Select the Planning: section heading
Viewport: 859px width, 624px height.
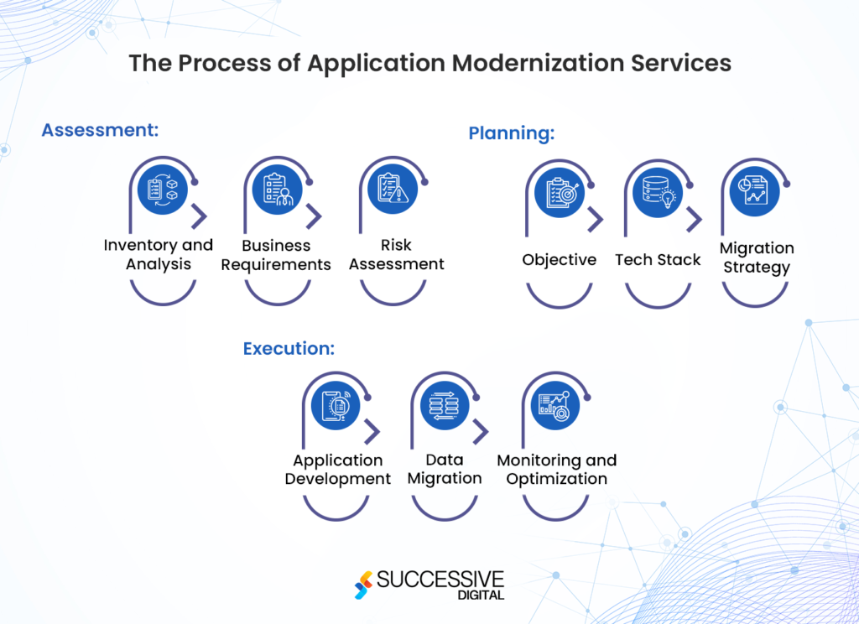tap(512, 133)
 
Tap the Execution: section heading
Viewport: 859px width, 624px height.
tap(289, 348)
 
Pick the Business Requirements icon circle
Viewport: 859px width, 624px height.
tap(277, 190)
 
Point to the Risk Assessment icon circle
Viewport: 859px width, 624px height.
tap(392, 190)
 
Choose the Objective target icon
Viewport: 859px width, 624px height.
tap(559, 192)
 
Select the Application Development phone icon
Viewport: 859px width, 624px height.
tap(336, 406)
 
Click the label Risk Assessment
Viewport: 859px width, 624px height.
tap(396, 254)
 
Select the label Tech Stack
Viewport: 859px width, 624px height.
tap(658, 260)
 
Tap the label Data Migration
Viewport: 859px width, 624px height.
tap(445, 469)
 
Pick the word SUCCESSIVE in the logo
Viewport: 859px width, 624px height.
tap(440, 580)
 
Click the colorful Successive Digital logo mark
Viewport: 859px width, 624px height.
tap(363, 585)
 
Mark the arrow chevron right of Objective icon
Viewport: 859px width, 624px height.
tap(596, 220)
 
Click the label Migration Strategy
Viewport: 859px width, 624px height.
tap(756, 257)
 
